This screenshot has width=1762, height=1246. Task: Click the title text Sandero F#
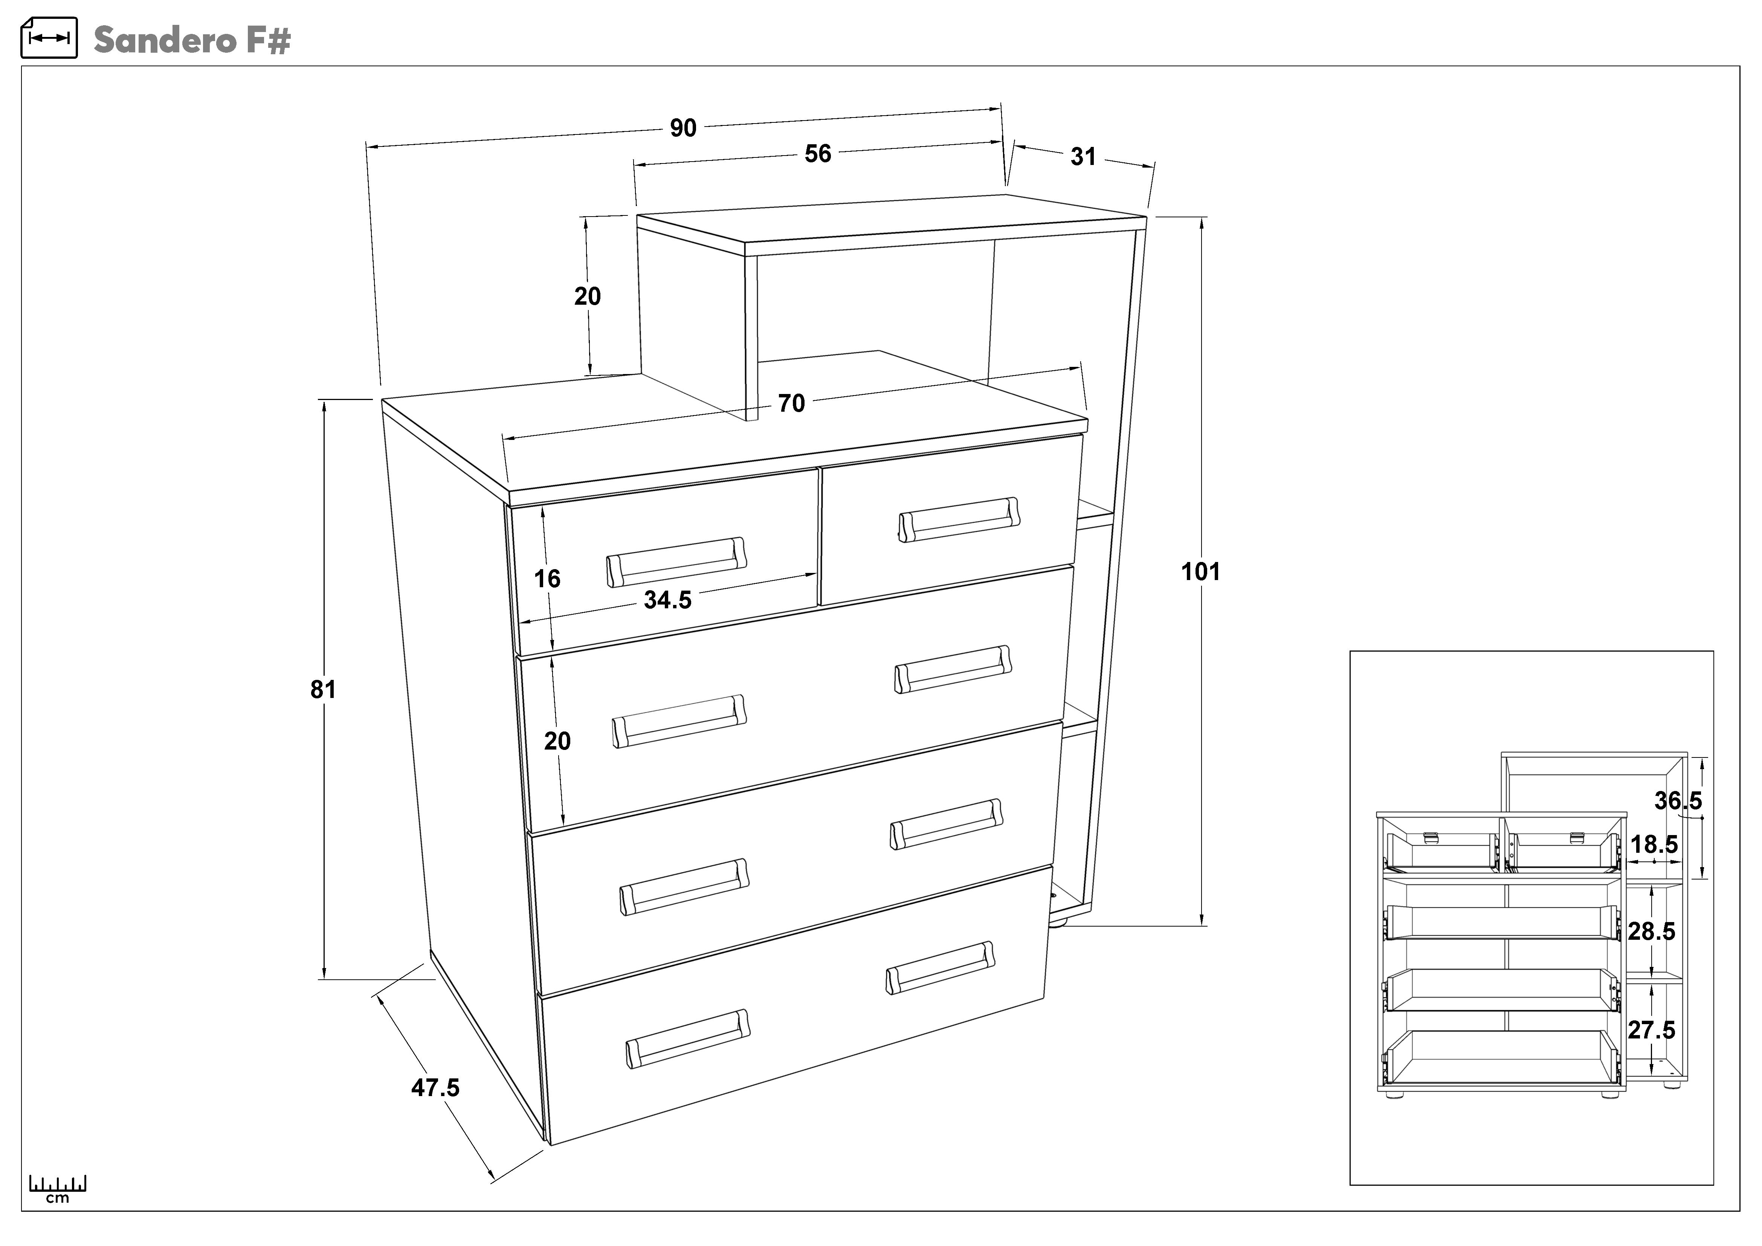192,40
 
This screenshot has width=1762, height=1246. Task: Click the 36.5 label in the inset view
1678,801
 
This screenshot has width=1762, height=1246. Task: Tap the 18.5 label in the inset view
1654,845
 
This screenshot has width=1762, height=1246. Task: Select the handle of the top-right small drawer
959,520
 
